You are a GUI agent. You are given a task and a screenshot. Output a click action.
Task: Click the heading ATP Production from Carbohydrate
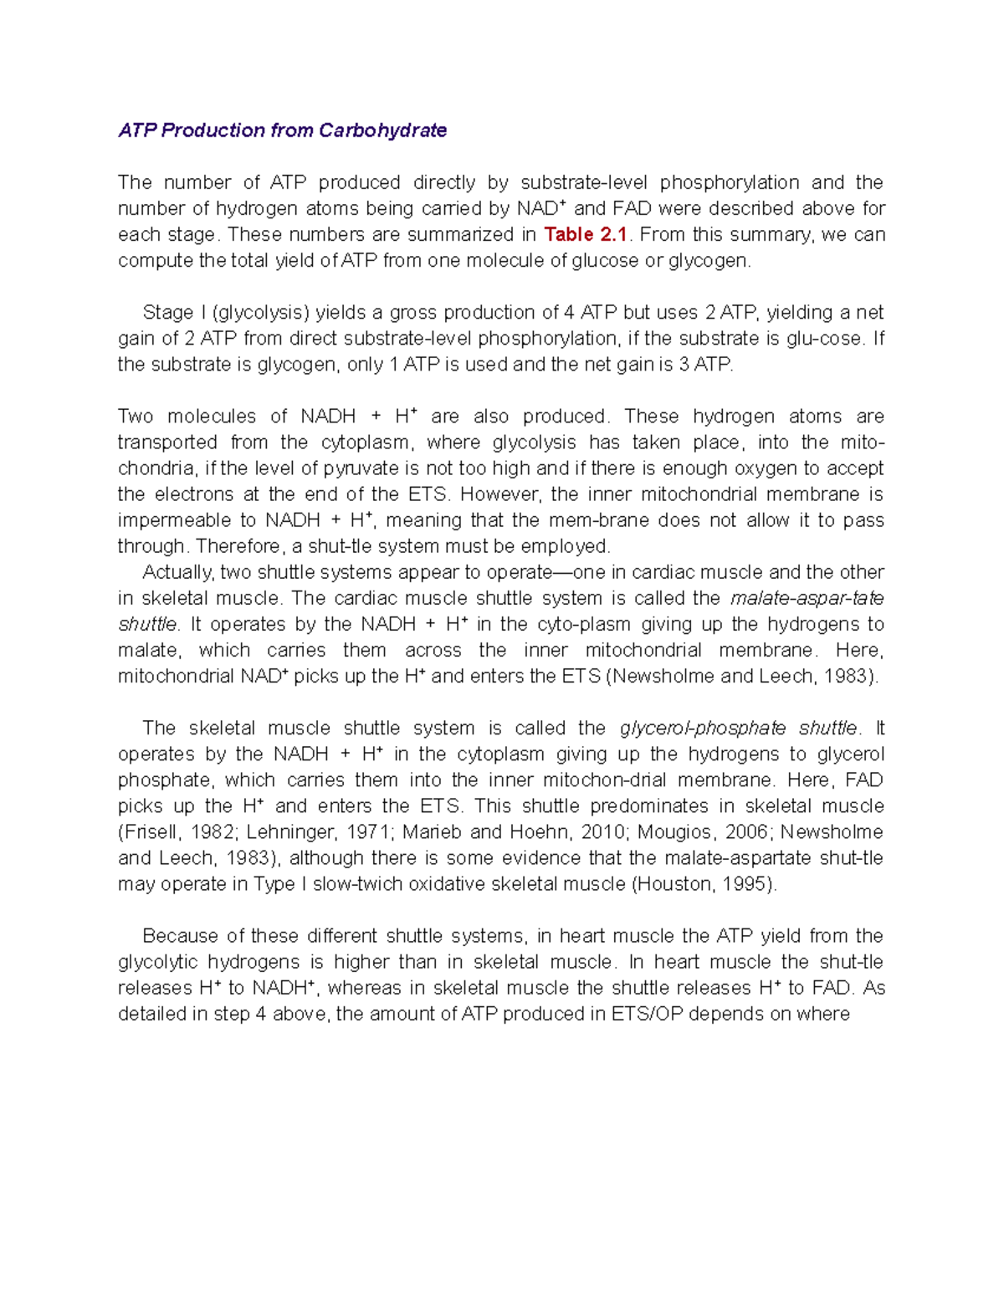coord(282,130)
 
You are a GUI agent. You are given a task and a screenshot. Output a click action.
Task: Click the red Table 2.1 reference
coord(585,235)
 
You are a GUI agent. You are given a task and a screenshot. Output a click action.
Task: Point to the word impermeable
coord(174,520)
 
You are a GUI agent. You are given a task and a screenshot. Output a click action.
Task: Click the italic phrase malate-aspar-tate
coord(807,599)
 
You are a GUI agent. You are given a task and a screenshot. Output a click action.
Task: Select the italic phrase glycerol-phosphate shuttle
coord(739,729)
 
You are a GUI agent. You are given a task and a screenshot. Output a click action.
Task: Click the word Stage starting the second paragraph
coord(167,313)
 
